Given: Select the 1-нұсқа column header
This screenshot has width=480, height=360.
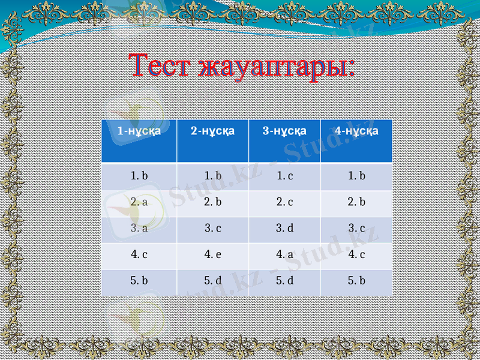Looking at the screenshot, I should coord(139,131).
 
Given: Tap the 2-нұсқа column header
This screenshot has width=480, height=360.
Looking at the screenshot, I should coord(212,130).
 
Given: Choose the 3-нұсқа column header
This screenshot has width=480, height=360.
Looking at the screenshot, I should coord(284,130).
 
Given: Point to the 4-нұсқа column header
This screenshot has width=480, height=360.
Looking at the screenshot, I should coord(356,130).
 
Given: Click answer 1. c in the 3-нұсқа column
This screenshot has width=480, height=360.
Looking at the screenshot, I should coord(285,176).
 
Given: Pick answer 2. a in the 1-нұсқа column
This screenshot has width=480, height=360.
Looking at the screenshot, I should coord(139,202).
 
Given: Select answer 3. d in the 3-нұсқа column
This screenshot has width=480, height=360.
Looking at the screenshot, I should coord(285,229).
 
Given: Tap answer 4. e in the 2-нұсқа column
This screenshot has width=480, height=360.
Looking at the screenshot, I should coord(213,254).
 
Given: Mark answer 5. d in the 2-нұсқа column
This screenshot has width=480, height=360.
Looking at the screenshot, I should coord(213,280).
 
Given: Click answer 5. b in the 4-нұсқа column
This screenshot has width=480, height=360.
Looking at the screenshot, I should coord(357,280).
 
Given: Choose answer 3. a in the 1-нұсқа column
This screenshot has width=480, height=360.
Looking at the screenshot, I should coord(139,229).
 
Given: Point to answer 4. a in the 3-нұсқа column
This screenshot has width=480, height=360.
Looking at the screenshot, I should coord(285,254).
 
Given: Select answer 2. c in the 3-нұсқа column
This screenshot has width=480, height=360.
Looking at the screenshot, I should coord(285,202).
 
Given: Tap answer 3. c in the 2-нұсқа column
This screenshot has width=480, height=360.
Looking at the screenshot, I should coord(213,229).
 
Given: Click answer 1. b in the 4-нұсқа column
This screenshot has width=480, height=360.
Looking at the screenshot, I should coord(357,176).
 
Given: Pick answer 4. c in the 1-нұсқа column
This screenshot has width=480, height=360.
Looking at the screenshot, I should coord(139,254).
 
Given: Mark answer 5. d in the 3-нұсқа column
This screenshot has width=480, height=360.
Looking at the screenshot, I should coord(285,280).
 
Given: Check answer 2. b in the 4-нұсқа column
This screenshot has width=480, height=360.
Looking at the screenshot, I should coord(357,202).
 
